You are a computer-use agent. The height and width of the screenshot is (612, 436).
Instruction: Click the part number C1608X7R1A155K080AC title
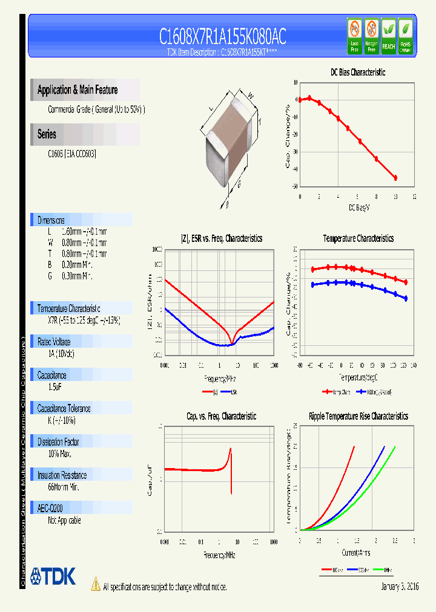pos(222,37)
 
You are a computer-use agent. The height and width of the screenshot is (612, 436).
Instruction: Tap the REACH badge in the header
pos(388,36)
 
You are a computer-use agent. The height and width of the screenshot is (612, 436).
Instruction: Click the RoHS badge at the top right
pos(406,36)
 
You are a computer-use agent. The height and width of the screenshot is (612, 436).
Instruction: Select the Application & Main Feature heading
pos(78,90)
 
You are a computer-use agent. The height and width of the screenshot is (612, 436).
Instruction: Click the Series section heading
pos(47,134)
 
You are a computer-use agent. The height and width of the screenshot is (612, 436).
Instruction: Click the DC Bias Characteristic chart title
pos(357,72)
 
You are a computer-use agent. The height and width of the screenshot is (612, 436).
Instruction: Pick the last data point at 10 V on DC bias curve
pos(395,178)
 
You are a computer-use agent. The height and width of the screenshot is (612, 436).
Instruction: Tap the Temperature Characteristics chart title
pos(358,238)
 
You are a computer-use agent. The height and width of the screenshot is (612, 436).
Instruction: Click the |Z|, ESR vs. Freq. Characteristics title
pos(222,238)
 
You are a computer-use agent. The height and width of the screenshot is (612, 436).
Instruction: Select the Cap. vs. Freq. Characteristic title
pos(221,416)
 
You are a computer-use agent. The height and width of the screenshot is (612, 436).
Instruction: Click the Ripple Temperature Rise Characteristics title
pos(358,416)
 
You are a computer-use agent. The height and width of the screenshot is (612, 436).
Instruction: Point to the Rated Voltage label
pos(54,342)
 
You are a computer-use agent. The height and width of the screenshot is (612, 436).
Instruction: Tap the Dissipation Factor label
pos(59,442)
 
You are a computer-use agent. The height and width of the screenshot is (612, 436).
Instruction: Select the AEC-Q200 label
pos(50,509)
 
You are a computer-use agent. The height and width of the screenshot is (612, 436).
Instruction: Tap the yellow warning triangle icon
pos(95,584)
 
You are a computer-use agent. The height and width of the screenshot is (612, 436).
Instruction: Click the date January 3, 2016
pos(400,587)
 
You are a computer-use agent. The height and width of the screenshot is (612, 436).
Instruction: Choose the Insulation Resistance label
pos(62,475)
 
